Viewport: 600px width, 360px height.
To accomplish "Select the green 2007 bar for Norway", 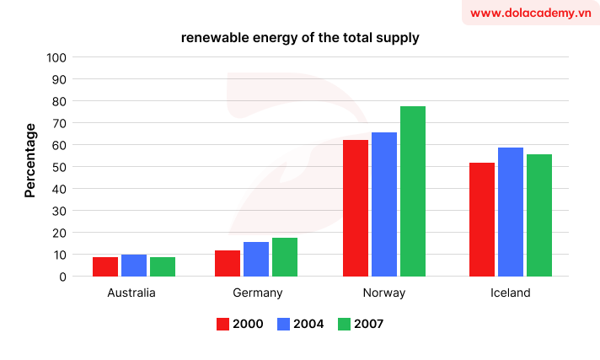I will coord(413,191).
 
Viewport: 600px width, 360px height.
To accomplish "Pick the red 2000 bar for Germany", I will coord(228,263).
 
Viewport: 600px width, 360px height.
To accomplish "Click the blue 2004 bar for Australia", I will coord(134,265).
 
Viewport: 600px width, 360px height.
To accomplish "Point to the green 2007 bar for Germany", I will coord(285,257).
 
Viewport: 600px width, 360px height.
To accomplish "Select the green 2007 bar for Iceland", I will coord(539,215).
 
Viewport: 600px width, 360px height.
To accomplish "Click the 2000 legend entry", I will coord(240,323).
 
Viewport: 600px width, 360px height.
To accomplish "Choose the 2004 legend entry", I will coord(300,323).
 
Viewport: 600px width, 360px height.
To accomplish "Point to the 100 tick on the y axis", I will coord(56,57).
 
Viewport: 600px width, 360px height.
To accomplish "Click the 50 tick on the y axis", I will coord(58,167).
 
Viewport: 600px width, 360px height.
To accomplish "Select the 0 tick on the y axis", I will coord(62,276).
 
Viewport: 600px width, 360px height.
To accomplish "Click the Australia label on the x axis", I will coord(131,293).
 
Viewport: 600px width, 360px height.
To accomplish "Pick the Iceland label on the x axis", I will coord(511,293).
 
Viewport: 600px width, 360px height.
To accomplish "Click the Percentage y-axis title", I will coord(30,160).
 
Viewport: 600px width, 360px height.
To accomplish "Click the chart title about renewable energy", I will coord(299,38).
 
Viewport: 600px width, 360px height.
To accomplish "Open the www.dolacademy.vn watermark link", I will coord(530,13).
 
